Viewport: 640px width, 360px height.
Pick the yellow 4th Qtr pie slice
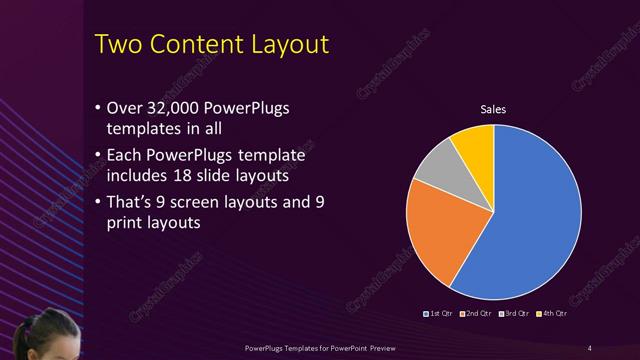[473, 146]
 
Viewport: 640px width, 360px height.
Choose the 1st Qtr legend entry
[440, 315]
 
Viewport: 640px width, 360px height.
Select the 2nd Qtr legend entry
[477, 315]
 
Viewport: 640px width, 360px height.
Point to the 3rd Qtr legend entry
[515, 315]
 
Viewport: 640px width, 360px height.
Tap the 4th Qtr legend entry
[553, 315]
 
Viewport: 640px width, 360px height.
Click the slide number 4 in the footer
[589, 347]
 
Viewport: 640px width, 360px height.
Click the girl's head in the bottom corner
[40, 335]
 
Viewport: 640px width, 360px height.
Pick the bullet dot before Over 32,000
[96, 108]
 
